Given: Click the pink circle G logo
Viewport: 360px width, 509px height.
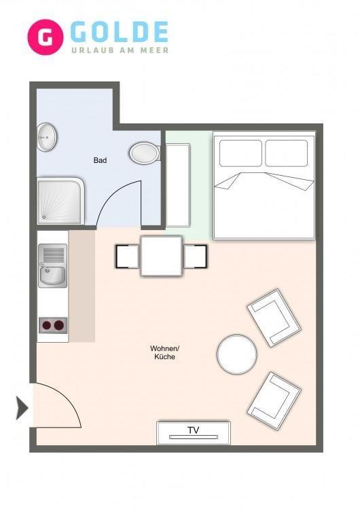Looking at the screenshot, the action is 46,37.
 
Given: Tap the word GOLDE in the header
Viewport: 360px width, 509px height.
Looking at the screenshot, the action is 120,32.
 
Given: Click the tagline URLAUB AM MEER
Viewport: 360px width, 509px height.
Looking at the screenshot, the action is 120,50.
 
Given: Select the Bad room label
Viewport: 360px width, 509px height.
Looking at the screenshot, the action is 100,160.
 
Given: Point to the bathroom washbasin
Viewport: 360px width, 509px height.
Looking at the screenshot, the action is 46,137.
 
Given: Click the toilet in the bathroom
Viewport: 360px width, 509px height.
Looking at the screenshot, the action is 145,153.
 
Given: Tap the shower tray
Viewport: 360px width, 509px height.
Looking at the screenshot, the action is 60,201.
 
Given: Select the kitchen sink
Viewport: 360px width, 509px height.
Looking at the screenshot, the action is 52,266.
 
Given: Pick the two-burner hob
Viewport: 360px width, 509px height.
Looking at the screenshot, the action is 53,325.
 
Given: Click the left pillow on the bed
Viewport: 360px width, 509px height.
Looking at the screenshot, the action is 240,153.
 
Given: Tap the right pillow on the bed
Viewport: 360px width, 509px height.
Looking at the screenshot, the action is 287,153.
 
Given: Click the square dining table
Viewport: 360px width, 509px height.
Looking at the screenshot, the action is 162,256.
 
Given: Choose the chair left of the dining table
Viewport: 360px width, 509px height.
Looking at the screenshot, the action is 128,257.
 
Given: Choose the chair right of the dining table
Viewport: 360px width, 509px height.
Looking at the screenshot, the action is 195,257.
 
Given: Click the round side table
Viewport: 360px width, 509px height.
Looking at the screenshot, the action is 237,354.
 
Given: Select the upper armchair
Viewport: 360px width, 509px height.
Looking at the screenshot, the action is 274,318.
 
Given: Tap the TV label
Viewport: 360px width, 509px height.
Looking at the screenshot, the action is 194,430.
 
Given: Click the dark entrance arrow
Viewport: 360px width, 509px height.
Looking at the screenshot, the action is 22,408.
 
